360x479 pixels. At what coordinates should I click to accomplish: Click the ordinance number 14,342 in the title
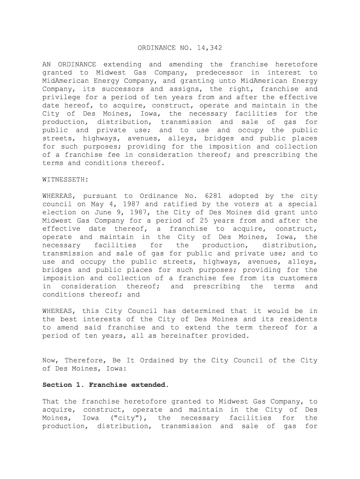click(207, 48)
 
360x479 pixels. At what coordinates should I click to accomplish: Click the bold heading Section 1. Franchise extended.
click(105, 385)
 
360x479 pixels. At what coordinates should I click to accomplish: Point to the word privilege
click(60, 97)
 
